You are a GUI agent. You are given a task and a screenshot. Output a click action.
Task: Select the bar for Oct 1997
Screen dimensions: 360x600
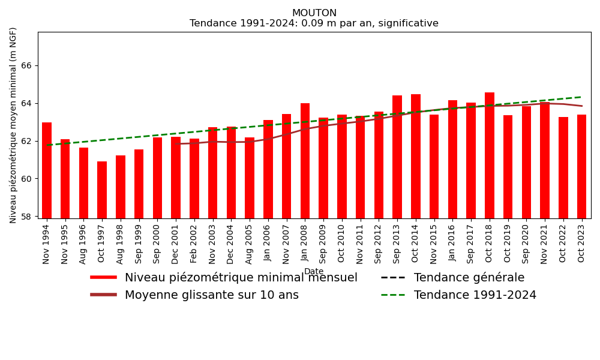(x=102, y=190)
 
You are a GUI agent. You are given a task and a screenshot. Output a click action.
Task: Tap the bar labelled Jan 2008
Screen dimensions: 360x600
(x=305, y=161)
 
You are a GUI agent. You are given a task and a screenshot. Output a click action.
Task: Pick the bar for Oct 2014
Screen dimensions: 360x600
(x=416, y=156)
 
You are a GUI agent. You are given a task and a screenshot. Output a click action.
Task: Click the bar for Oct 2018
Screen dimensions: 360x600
(x=490, y=155)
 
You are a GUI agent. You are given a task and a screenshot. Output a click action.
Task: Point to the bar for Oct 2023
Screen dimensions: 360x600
(x=581, y=166)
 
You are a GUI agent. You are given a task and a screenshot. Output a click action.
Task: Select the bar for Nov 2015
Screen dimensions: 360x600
(x=434, y=166)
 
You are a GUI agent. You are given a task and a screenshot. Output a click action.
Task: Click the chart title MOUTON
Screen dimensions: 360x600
(x=314, y=13)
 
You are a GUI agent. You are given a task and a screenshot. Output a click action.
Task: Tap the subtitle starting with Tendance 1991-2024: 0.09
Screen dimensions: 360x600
(x=314, y=23)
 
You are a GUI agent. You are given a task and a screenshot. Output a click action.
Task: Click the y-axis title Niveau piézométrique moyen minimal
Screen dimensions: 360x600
(x=13, y=125)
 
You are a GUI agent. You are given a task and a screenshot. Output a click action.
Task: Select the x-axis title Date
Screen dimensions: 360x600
(x=314, y=271)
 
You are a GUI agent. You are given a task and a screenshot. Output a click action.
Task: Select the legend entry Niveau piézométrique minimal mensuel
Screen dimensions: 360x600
(x=241, y=278)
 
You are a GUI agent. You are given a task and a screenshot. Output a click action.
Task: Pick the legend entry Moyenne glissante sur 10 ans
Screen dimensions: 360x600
(x=211, y=295)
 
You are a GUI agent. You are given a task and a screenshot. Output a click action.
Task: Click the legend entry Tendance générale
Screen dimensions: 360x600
(x=469, y=278)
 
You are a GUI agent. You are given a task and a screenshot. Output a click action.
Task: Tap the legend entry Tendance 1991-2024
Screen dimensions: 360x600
(x=475, y=295)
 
